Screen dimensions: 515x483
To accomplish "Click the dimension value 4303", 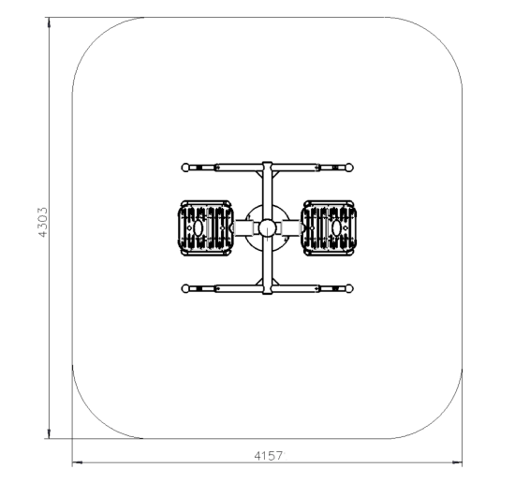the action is (43, 222).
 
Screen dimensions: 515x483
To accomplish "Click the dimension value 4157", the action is (269, 456).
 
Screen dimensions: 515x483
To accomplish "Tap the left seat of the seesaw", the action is (206, 227).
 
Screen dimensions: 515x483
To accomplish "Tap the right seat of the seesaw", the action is (329, 227).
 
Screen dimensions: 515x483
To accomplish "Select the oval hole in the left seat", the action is (199, 227).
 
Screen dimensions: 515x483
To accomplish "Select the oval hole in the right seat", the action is (336, 227).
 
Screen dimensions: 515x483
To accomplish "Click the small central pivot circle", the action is (268, 227).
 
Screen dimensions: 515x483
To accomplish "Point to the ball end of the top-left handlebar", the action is (185, 168).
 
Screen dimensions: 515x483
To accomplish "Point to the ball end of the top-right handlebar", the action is (349, 168).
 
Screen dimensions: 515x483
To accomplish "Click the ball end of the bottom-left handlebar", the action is (185, 288).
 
